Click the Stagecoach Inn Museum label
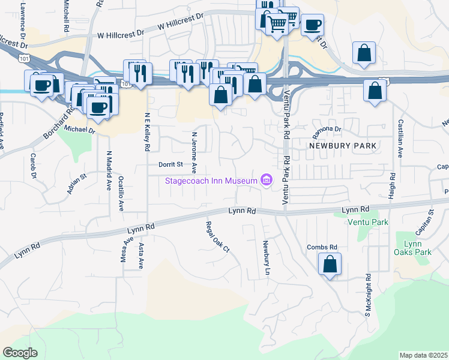pyautogui.click(x=211, y=181)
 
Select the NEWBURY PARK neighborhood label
pyautogui.click(x=343, y=146)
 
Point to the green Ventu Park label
pyautogui.click(x=368, y=222)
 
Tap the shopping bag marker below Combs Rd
pyautogui.click(x=330, y=264)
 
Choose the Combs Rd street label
pyautogui.click(x=322, y=247)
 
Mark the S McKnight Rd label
pyautogui.click(x=367, y=295)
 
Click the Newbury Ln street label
pyautogui.click(x=265, y=258)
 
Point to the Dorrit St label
pyautogui.click(x=170, y=164)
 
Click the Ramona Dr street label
pyautogui.click(x=325, y=129)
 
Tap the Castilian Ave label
pyautogui.click(x=400, y=139)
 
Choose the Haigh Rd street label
pyautogui.click(x=393, y=187)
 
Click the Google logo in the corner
pyautogui.click(x=20, y=353)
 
